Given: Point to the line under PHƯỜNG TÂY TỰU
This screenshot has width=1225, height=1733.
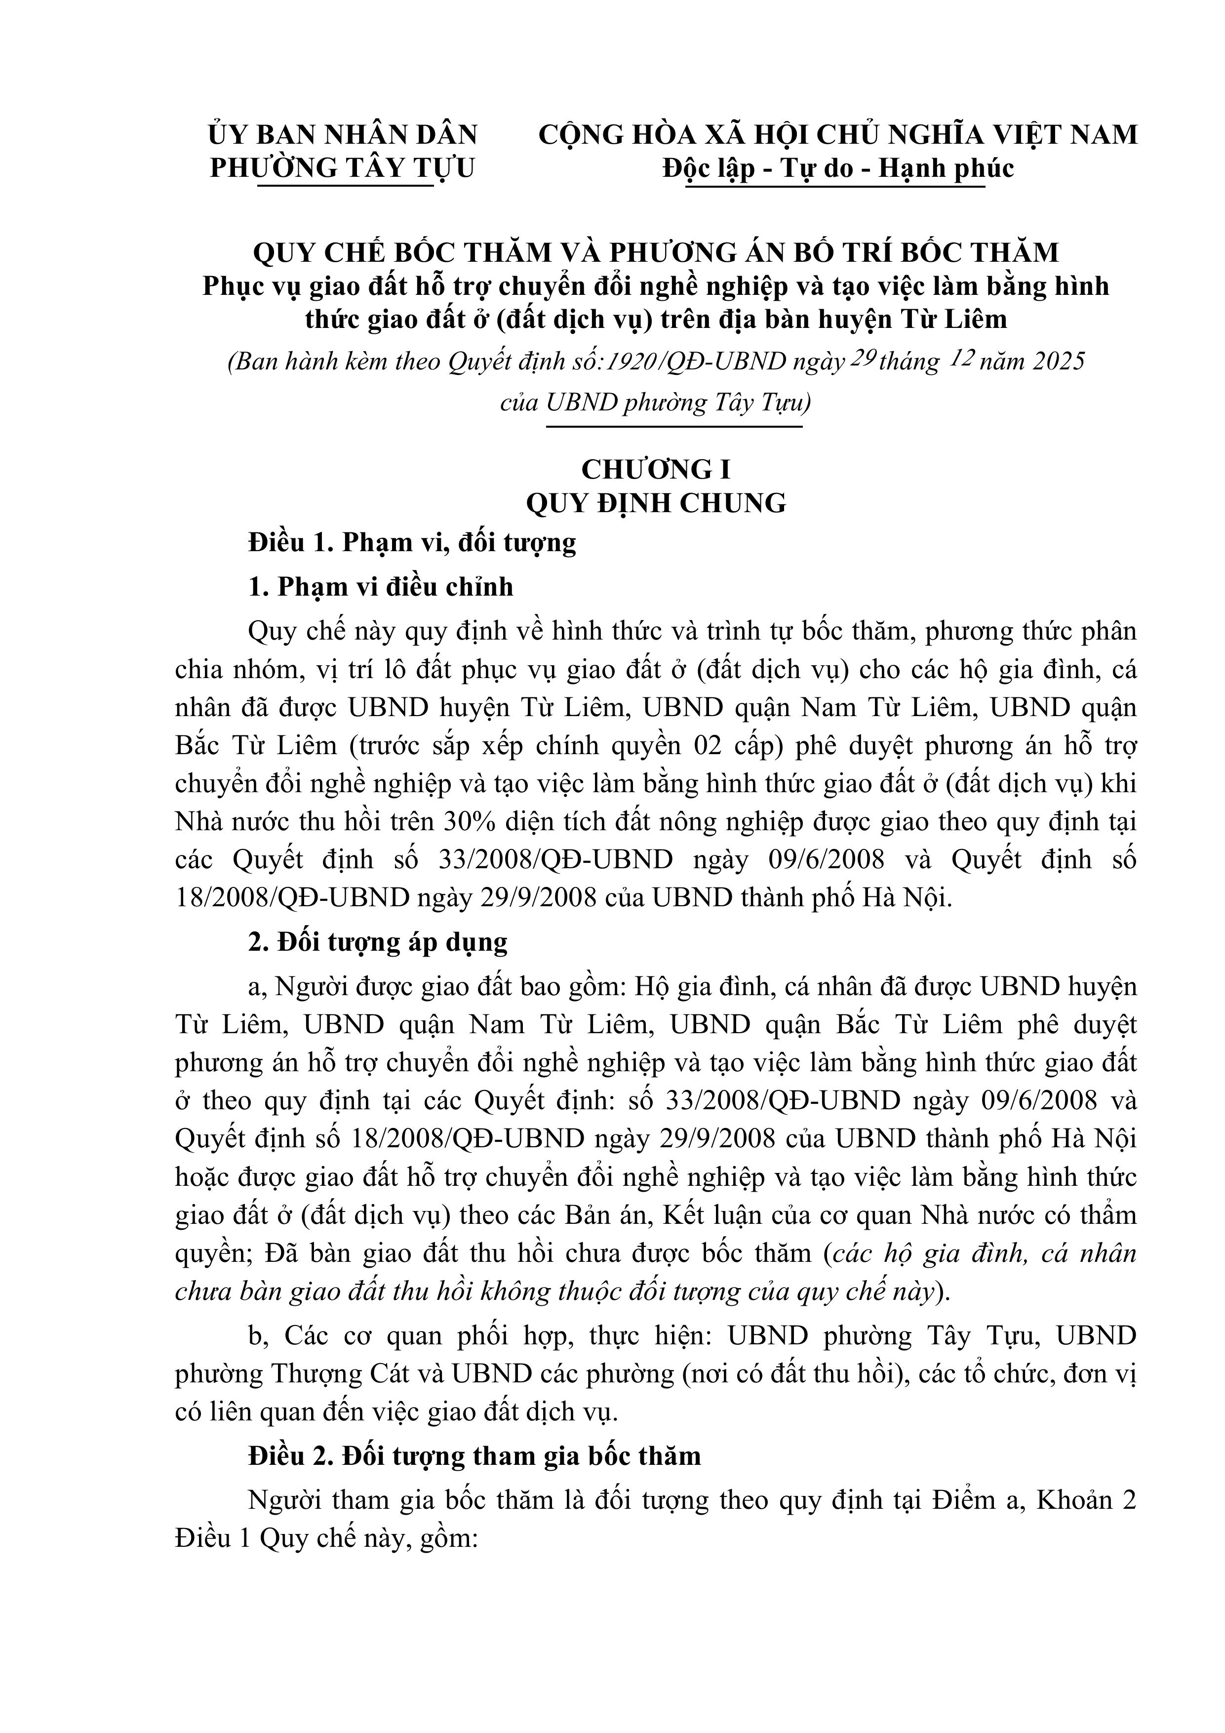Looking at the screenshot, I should click(x=346, y=186).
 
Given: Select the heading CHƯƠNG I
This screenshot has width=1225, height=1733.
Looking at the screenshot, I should click(x=655, y=470).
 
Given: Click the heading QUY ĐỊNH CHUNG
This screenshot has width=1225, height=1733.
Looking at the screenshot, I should click(x=655, y=503).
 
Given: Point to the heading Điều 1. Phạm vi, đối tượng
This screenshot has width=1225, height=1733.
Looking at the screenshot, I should click(x=412, y=543).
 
